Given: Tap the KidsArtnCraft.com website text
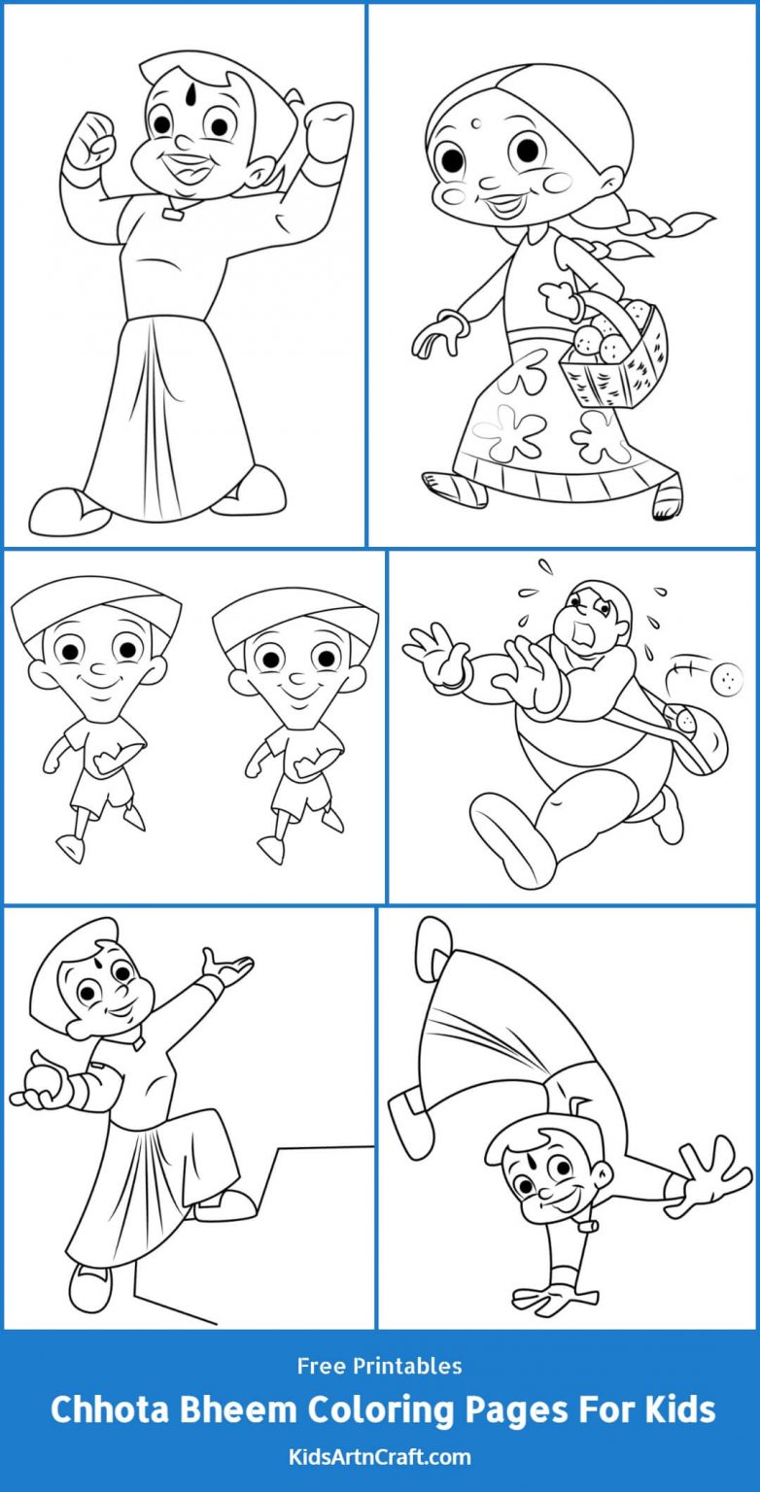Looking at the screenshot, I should [x=380, y=1457].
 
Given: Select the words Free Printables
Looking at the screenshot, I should [x=380, y=1366].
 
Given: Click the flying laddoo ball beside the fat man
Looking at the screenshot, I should [x=727, y=676].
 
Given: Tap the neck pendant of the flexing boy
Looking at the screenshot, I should [x=173, y=212].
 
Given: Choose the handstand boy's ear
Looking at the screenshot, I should [x=604, y=1165].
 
